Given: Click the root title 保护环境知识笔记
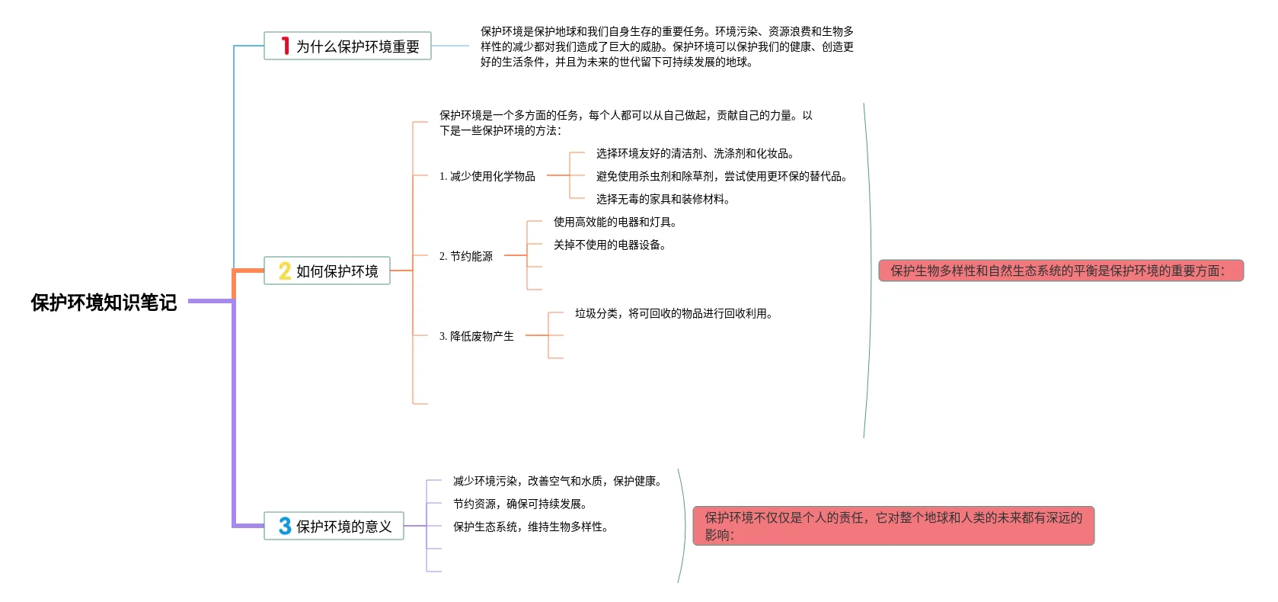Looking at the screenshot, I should [x=104, y=303].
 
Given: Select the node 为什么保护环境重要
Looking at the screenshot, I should [x=357, y=46].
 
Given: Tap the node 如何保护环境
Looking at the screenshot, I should [x=337, y=271].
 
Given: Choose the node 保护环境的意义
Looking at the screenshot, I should [x=343, y=527].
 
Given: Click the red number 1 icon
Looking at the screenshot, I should [x=285, y=46].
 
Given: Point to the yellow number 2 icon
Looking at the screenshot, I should [x=285, y=271].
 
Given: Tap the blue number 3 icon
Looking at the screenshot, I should [x=285, y=526].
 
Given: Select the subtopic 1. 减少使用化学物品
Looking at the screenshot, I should [x=487, y=176].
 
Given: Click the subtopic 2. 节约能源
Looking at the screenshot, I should [x=466, y=256].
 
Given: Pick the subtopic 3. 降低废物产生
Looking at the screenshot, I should [x=477, y=336].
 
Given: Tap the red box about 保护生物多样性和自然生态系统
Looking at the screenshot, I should [x=1060, y=271].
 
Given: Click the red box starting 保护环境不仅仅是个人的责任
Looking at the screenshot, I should [x=893, y=526].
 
